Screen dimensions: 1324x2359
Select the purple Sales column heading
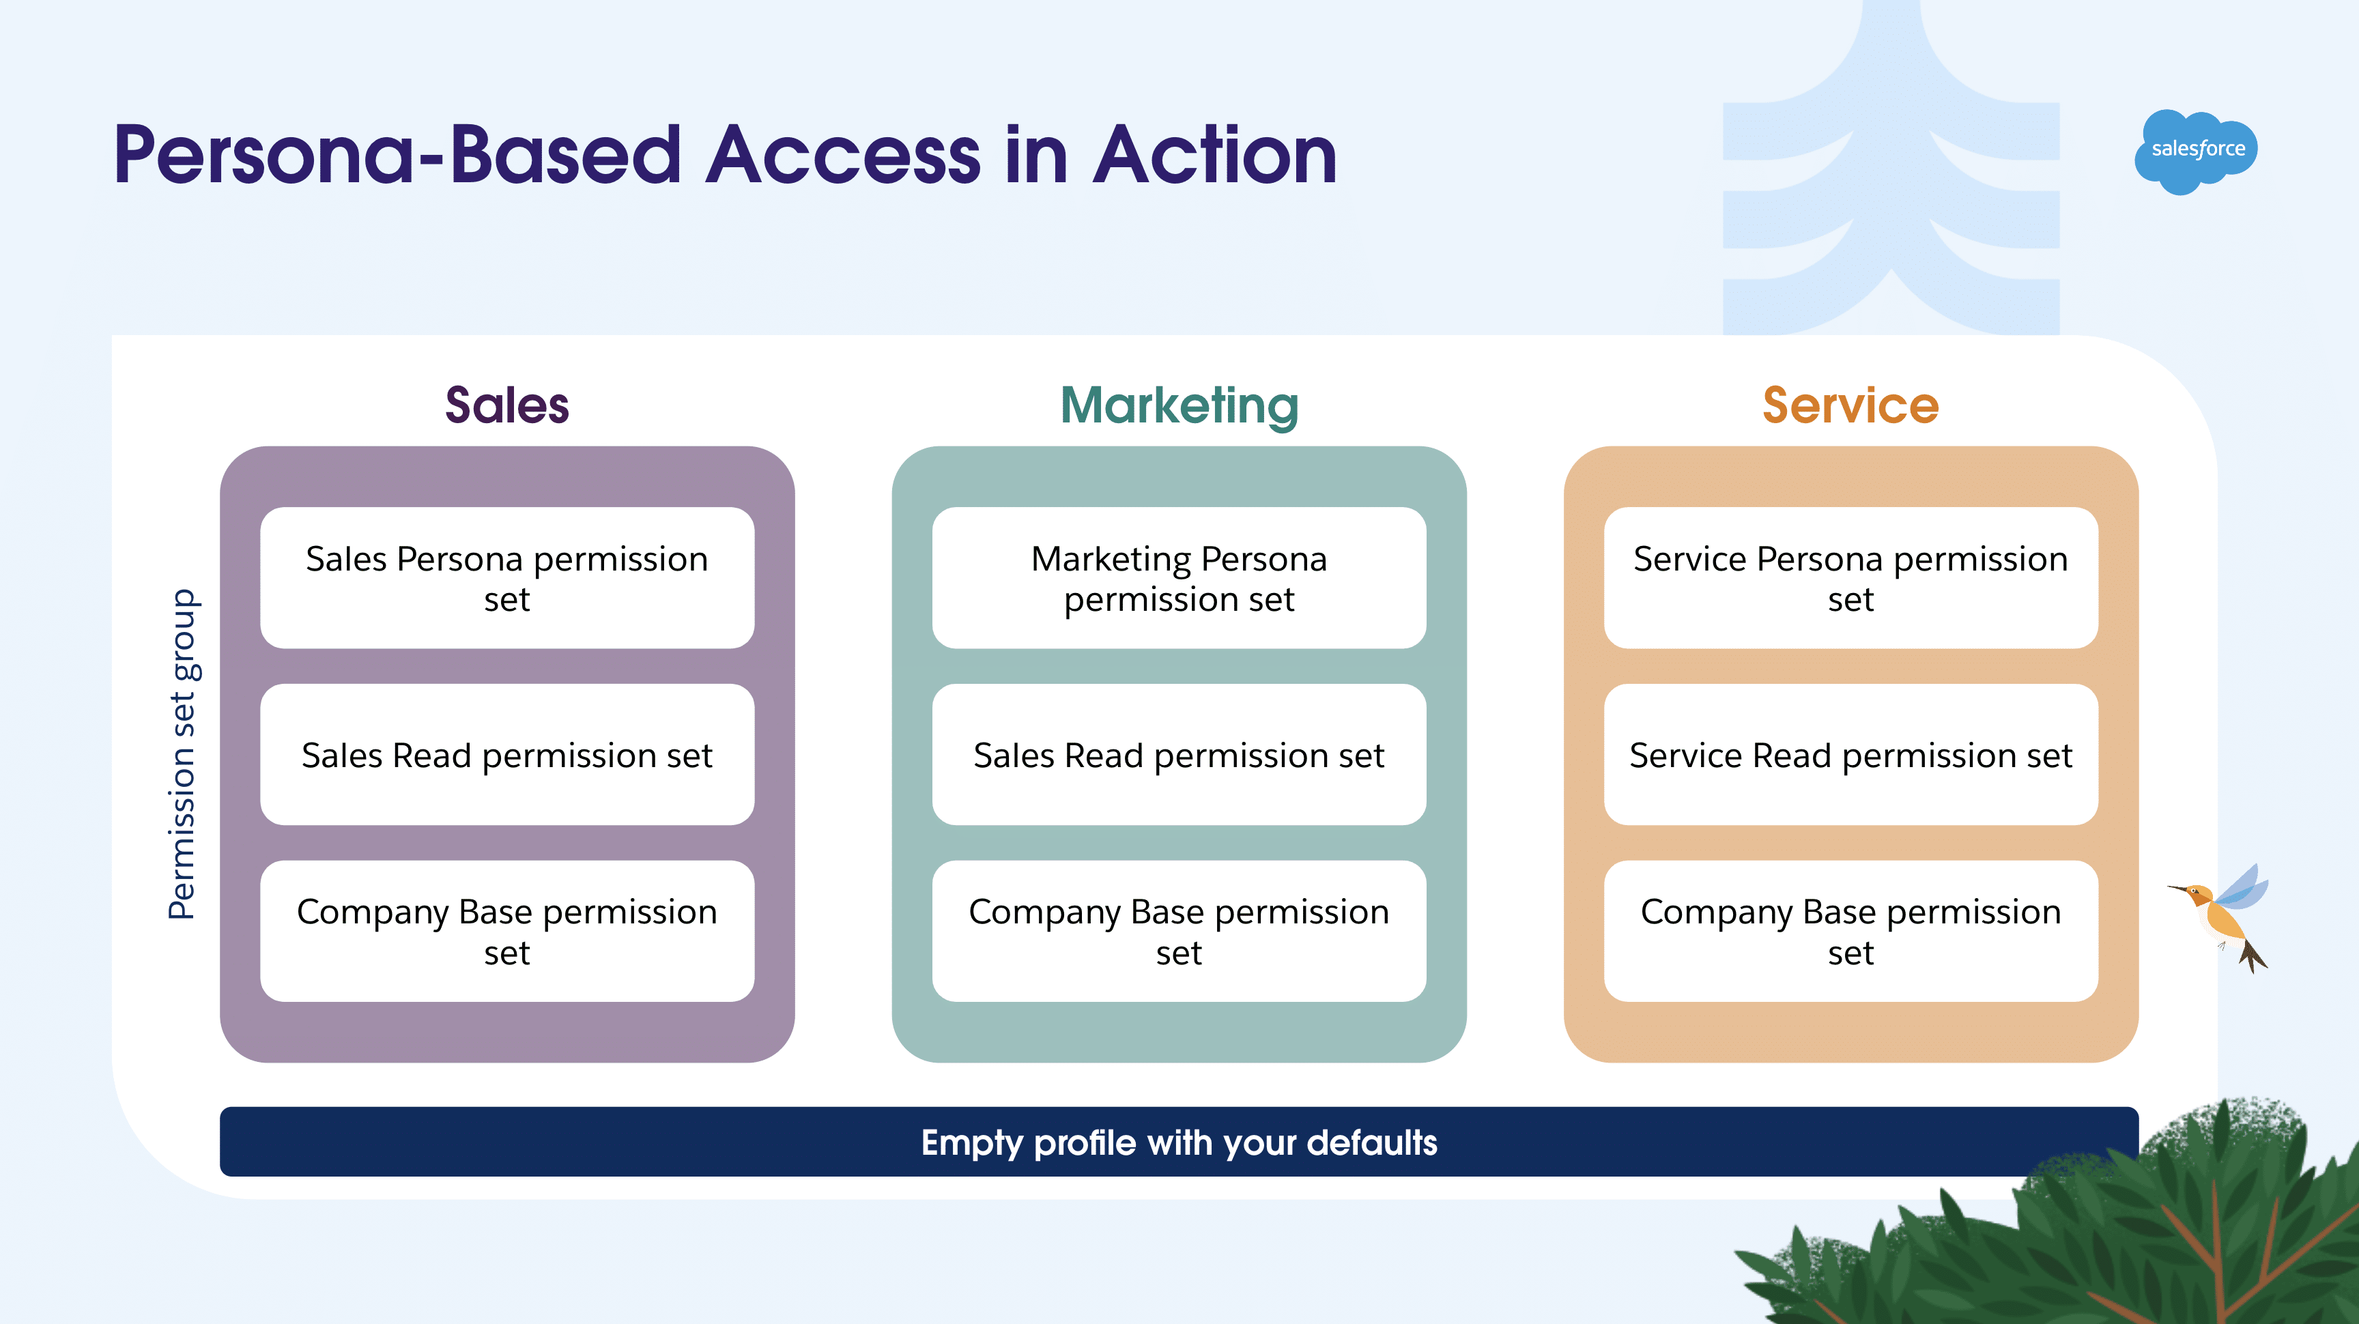pyautogui.click(x=506, y=405)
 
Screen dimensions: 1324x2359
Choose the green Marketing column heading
pyautogui.click(x=1179, y=405)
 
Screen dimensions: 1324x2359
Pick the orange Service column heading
pyautogui.click(x=1850, y=405)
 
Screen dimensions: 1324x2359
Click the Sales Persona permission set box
pyautogui.click(x=506, y=578)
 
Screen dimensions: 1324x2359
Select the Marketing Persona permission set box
pyautogui.click(x=1179, y=578)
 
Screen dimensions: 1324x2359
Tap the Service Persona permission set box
pyautogui.click(x=1850, y=578)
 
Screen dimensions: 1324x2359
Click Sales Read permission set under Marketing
pyautogui.click(x=1179, y=755)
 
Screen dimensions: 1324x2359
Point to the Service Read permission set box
pyautogui.click(x=1850, y=755)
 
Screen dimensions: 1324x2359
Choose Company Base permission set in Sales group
pyautogui.click(x=506, y=930)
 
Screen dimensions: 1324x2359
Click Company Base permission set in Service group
pyautogui.click(x=1850, y=930)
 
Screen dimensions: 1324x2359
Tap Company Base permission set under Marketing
pyautogui.click(x=1179, y=930)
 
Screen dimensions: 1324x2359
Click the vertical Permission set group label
pyautogui.click(x=182, y=753)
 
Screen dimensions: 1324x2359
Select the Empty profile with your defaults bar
pyautogui.click(x=1179, y=1142)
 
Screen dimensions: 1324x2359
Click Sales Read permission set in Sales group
pyautogui.click(x=506, y=755)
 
